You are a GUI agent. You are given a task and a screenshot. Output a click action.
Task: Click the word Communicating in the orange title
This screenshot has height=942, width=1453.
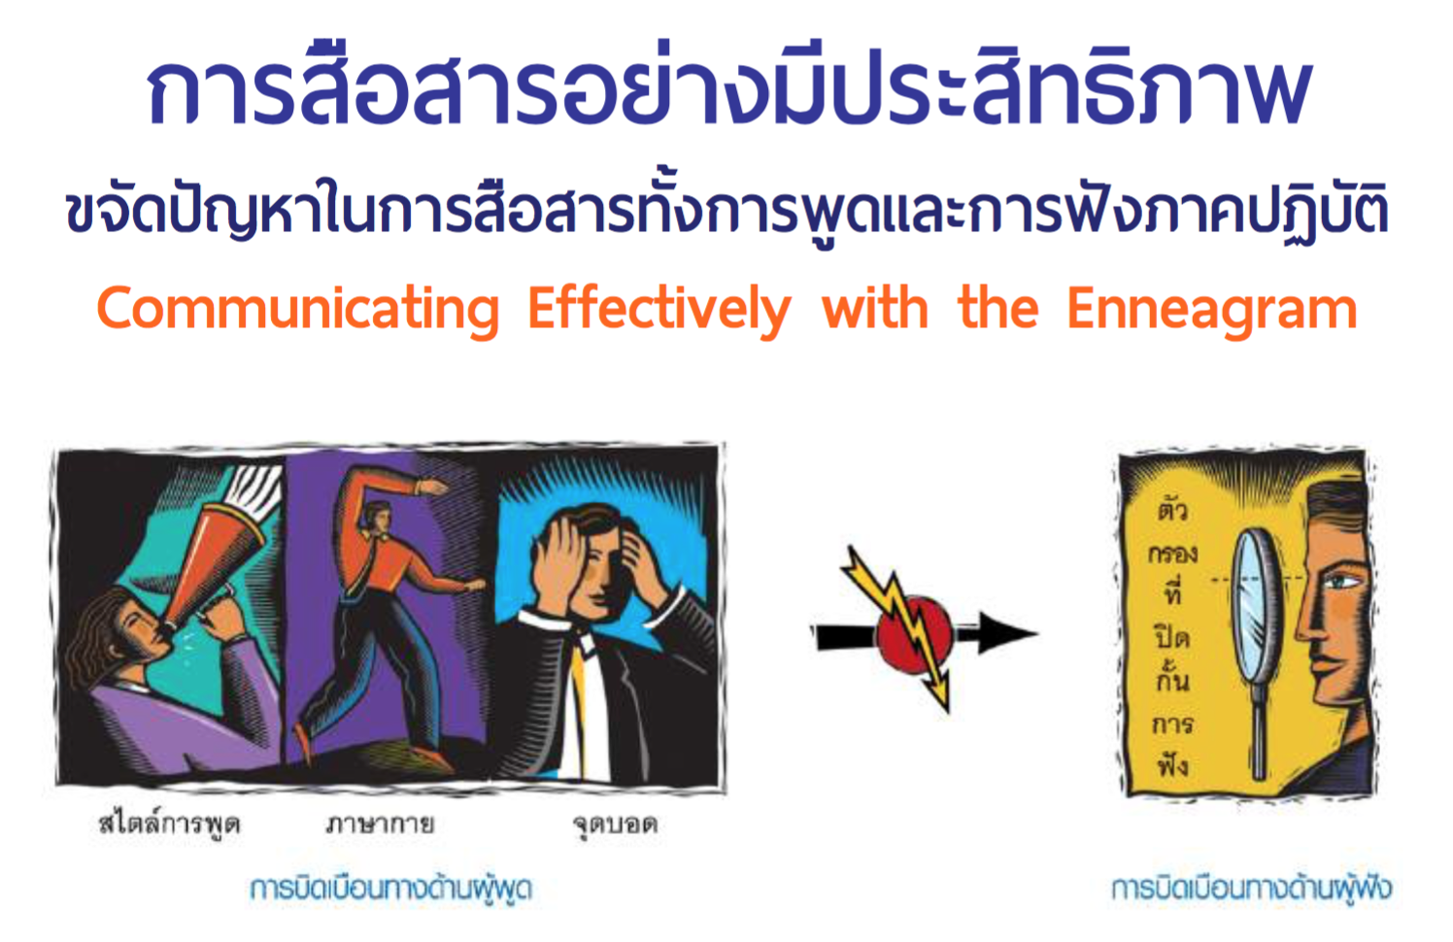[298, 311]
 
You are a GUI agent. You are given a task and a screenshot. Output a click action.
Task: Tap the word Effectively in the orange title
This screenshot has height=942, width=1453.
[659, 311]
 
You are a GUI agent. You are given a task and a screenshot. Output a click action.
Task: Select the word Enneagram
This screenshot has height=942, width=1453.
[1212, 311]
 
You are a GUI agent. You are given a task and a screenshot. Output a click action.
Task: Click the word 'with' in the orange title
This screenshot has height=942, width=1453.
[874, 309]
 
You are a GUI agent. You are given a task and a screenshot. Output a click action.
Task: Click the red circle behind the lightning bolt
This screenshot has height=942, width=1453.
[915, 634]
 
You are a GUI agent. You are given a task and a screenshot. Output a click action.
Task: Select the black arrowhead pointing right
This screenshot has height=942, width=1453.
[1009, 632]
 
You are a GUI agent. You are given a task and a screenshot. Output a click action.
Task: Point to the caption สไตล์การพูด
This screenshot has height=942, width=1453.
[170, 824]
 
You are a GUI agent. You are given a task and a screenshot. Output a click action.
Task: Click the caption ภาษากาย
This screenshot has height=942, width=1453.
[380, 824]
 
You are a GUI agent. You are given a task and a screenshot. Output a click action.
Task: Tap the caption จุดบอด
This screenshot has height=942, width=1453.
[615, 825]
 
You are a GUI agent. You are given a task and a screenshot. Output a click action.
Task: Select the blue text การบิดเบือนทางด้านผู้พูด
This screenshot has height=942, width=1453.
[390, 889]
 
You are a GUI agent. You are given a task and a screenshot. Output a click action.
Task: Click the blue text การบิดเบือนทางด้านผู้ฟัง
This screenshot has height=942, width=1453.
[1251, 889]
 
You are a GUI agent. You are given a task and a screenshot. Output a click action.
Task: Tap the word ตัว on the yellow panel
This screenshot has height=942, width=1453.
[1172, 508]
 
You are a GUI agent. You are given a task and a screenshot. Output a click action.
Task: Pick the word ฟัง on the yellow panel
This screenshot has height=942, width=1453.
[1172, 763]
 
